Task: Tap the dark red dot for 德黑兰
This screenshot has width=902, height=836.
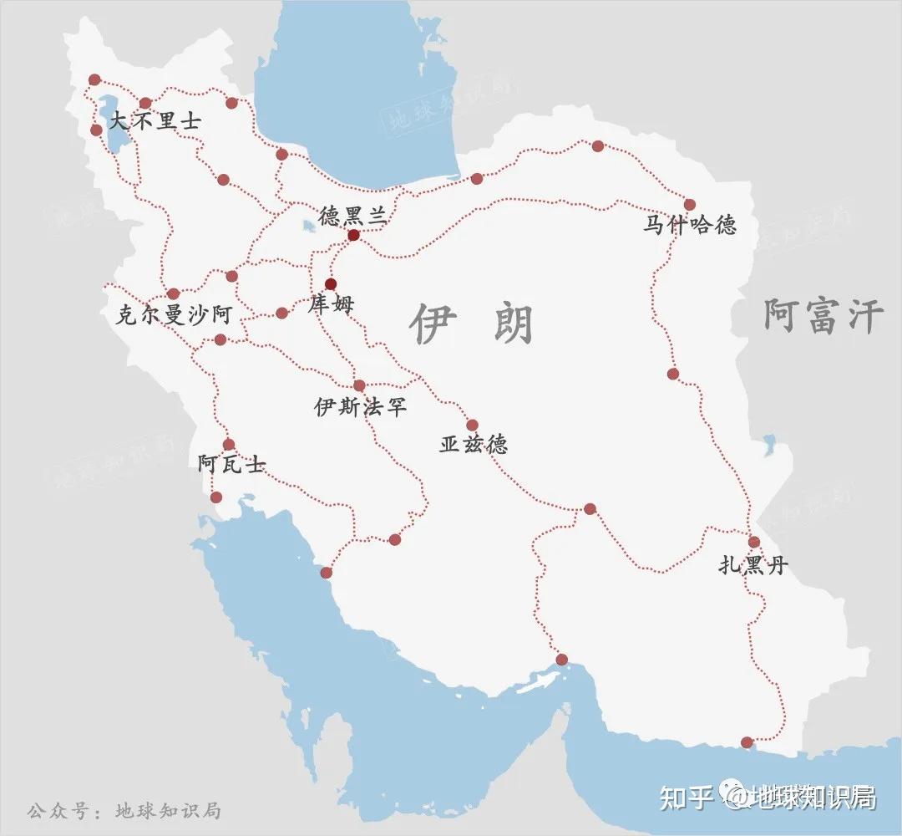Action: [353, 235]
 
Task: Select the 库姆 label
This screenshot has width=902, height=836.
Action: [331, 303]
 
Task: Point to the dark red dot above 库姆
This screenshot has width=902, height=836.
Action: [331, 283]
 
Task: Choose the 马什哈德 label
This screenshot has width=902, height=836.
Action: [690, 225]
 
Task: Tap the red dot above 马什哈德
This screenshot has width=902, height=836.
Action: [690, 204]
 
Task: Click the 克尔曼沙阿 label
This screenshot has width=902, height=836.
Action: [175, 315]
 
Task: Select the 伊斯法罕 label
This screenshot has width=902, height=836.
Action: [360, 407]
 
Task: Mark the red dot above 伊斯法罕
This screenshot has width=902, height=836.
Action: [359, 385]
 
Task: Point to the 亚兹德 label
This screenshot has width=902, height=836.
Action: [474, 445]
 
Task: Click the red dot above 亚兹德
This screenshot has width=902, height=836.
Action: [472, 425]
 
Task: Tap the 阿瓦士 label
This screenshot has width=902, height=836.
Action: [231, 464]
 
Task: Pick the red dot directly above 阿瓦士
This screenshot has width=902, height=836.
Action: [229, 445]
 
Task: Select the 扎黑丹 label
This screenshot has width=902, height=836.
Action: [753, 566]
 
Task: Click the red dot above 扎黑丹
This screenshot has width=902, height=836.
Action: [754, 542]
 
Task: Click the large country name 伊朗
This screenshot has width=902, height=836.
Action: [472, 324]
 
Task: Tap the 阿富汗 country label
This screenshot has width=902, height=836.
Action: [823, 318]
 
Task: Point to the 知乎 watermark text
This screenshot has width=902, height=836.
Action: [685, 798]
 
